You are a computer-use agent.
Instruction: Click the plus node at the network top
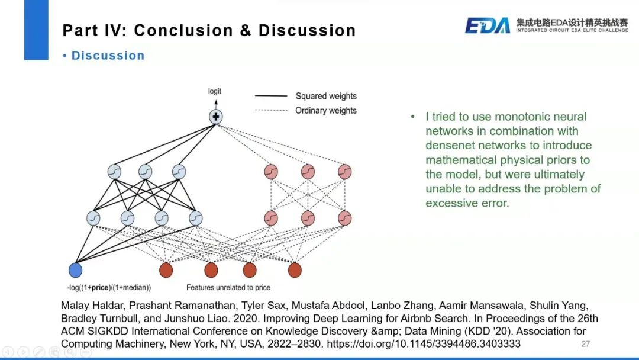pyautogui.click(x=215, y=117)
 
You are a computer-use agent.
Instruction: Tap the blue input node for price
pyautogui.click(x=75, y=270)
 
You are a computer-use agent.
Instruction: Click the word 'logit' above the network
pyautogui.click(x=215, y=91)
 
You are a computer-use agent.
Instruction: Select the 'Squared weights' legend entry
pyautogui.click(x=326, y=96)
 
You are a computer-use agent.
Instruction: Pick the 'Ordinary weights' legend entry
pyautogui.click(x=326, y=111)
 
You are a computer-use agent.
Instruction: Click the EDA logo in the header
pyautogui.click(x=487, y=25)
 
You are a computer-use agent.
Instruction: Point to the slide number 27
pyautogui.click(x=586, y=344)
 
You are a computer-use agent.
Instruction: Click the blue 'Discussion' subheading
pyautogui.click(x=108, y=56)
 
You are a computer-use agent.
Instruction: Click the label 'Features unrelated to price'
pyautogui.click(x=228, y=288)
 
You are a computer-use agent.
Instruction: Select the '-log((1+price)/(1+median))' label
pyautogui.click(x=109, y=288)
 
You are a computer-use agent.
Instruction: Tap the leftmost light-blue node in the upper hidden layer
pyautogui.click(x=114, y=172)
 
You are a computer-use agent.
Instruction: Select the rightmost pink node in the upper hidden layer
pyautogui.click(x=345, y=172)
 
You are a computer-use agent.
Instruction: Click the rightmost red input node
pyautogui.click(x=295, y=270)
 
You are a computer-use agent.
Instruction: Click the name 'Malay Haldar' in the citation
pyautogui.click(x=89, y=306)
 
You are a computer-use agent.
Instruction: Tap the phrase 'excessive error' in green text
pyautogui.click(x=467, y=203)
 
